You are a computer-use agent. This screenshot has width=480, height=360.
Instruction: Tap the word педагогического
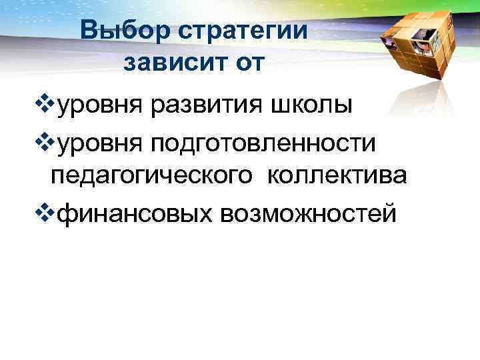coord(153,177)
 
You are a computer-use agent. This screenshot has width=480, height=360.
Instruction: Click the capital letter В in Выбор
coord(87,31)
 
